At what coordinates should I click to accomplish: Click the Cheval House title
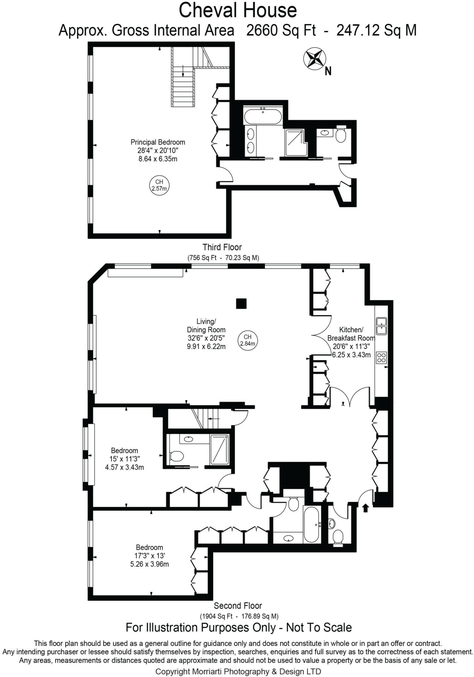tap(237, 10)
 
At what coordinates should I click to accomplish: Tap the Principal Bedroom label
tap(158, 150)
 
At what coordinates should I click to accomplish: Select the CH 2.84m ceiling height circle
tap(248, 340)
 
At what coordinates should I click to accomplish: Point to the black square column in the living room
tap(241, 303)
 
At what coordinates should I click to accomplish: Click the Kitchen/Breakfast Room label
tap(351, 342)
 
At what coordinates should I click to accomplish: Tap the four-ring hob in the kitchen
tap(381, 358)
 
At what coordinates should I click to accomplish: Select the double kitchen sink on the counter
tap(381, 326)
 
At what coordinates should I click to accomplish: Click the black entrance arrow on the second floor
tap(365, 508)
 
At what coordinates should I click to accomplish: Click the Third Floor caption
tap(222, 247)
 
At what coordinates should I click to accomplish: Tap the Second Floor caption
tap(238, 606)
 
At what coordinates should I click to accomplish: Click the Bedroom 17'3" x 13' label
tap(149, 556)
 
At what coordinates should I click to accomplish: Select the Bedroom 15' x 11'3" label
tap(124, 459)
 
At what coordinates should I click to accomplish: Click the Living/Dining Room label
tap(206, 334)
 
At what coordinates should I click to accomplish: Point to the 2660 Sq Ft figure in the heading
tap(281, 31)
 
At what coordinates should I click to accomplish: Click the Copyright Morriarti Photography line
tap(238, 671)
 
